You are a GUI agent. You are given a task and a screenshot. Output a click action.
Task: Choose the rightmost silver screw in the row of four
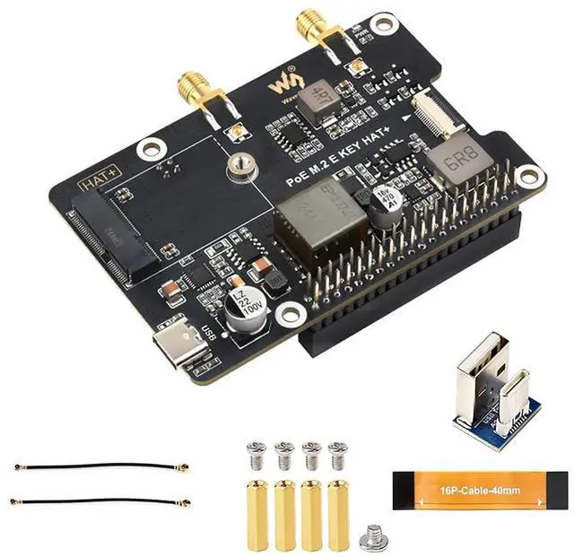(337, 454)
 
